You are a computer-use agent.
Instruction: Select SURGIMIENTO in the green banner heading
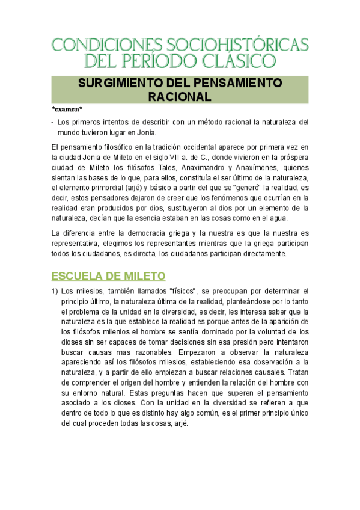pos(128,82)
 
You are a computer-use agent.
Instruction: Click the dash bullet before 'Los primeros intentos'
pos(52,121)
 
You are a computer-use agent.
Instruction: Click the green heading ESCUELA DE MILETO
pos(108,276)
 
